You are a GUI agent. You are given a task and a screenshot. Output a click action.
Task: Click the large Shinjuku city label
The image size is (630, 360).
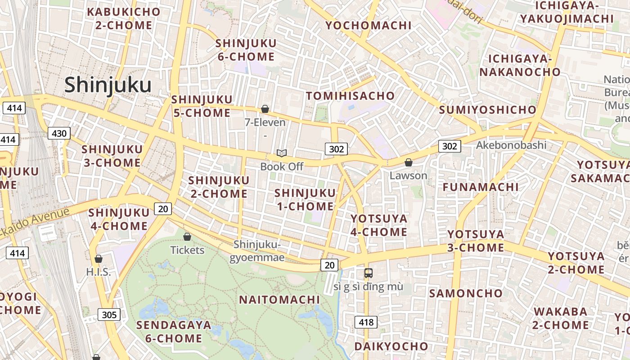[x=108, y=85]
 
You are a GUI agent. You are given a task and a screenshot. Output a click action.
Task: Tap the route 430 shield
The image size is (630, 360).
[x=59, y=133]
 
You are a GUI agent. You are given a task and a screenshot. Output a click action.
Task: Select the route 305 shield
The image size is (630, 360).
[x=109, y=315]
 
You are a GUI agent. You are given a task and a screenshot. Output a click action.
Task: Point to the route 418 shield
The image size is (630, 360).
[x=366, y=322]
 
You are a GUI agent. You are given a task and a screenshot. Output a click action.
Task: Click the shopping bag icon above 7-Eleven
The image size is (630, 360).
[x=265, y=109]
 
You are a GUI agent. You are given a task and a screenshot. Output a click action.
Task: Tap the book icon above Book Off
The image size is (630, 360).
[x=282, y=153]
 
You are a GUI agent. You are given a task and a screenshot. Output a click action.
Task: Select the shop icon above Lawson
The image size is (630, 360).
[x=408, y=162]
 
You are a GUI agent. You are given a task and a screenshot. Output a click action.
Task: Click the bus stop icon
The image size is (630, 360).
[x=368, y=273]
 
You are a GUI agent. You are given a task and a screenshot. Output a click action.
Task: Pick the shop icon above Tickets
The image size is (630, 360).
[x=187, y=237]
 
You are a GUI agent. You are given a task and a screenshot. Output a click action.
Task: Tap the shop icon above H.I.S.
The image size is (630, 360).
[x=99, y=259]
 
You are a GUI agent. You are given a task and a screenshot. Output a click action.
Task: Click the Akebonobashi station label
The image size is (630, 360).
[x=511, y=145]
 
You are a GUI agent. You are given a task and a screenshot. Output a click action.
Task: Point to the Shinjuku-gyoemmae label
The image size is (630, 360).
[x=257, y=251]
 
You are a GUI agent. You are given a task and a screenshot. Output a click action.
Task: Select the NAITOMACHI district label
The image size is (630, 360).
[x=279, y=300]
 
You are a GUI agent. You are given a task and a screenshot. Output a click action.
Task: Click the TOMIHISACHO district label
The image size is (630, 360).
[x=350, y=96]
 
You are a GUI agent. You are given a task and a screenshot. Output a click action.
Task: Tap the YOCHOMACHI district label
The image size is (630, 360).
[x=369, y=25]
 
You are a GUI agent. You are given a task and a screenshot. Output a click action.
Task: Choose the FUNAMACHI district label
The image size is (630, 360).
[x=481, y=187]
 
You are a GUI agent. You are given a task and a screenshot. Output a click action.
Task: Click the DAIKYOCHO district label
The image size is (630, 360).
[x=391, y=346]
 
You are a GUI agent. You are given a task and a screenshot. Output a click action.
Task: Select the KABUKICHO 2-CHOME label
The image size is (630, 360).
[x=124, y=18]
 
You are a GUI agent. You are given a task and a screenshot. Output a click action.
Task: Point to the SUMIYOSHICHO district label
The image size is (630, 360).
[x=487, y=110]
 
